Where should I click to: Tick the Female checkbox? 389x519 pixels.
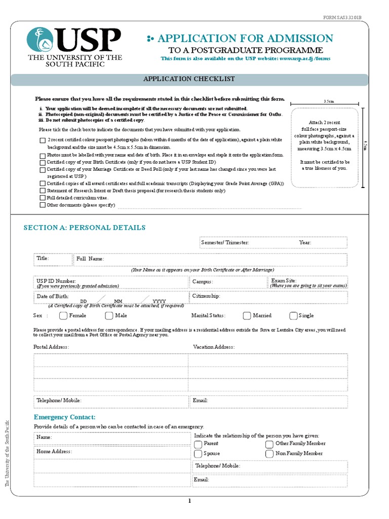click(x=63, y=316)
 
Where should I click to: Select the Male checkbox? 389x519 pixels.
click(x=109, y=316)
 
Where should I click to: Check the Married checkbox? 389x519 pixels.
click(x=247, y=316)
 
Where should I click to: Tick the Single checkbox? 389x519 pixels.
click(x=293, y=316)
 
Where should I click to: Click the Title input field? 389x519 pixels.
click(x=53, y=259)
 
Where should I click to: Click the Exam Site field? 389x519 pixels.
click(x=308, y=283)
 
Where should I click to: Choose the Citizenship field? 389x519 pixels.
click(x=268, y=296)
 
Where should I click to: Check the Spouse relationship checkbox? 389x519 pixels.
click(x=198, y=454)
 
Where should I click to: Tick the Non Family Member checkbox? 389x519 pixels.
click(x=269, y=454)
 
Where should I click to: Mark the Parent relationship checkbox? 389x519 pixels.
click(x=198, y=444)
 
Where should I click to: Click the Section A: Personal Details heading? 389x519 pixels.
click(x=85, y=228)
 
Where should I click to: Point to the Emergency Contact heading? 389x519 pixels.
click(x=64, y=417)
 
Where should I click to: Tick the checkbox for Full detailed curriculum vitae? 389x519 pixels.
click(x=42, y=198)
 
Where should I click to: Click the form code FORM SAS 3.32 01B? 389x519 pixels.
click(x=343, y=18)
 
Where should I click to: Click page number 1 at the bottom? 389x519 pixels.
click(x=190, y=501)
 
